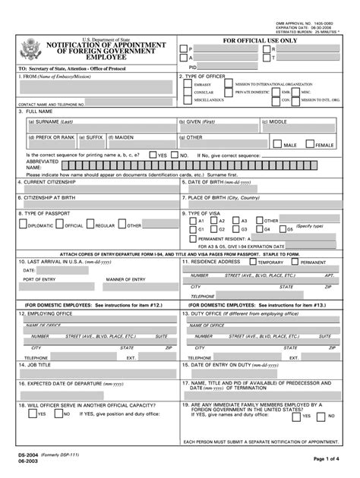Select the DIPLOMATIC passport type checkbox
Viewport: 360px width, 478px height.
(23, 225)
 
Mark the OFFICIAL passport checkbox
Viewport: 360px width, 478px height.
(59, 225)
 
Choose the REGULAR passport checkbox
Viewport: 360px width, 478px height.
(90, 225)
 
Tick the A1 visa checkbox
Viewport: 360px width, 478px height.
(193, 221)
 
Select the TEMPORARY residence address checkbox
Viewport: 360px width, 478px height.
(253, 262)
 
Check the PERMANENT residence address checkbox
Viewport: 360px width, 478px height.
(296, 262)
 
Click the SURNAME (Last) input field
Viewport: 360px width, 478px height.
(99, 127)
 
